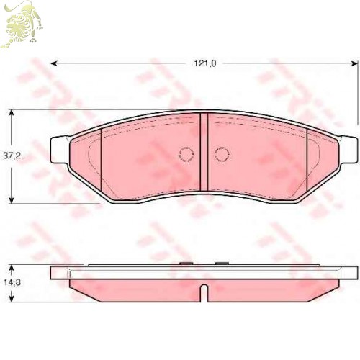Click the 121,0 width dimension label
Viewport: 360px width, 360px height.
point(205,63)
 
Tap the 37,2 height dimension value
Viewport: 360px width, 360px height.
point(12,156)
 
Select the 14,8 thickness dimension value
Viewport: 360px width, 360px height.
point(12,282)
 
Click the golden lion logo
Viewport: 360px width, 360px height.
point(22,24)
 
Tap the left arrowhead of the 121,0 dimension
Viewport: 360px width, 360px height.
point(55,63)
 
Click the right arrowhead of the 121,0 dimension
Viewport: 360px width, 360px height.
point(353,63)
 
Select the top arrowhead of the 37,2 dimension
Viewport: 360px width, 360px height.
point(12,113)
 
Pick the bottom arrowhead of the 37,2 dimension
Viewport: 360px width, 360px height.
point(12,199)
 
